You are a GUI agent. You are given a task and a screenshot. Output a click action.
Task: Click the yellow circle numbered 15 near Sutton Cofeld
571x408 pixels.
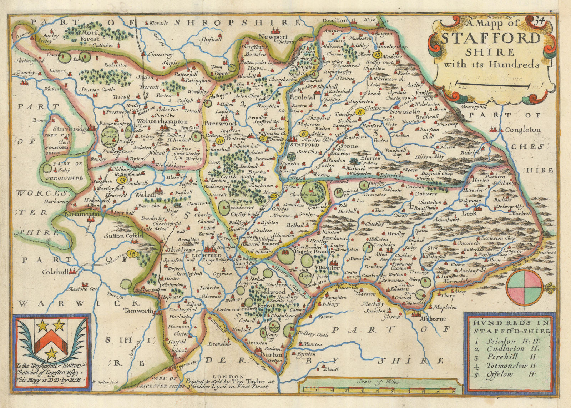tap(132, 254)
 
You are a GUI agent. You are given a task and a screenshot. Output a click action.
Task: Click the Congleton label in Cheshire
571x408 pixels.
tap(522, 130)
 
